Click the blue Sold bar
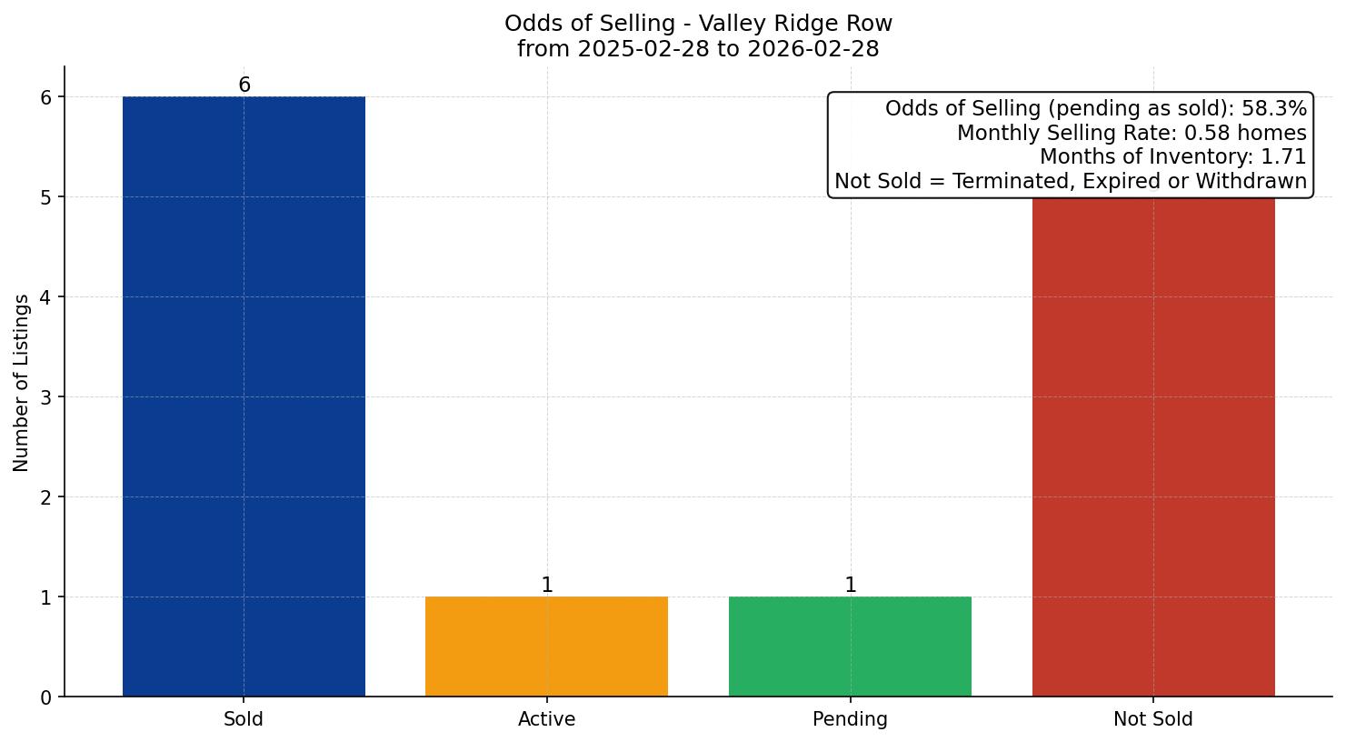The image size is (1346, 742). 244,396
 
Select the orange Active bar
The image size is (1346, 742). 546,647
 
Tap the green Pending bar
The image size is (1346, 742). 850,647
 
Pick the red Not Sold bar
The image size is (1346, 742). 1153,446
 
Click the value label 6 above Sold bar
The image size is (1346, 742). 244,85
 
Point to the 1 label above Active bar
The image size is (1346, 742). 546,586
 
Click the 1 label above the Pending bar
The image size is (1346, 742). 850,586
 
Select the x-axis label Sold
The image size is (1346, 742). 244,719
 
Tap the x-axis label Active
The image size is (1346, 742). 546,719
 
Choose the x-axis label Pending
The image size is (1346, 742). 850,719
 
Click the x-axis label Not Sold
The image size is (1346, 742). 1153,719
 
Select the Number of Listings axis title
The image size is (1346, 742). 22,382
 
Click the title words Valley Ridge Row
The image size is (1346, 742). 795,24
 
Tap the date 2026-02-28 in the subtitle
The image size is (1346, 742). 813,49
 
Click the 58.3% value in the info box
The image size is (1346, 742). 1273,109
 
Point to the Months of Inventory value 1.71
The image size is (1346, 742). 1283,157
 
